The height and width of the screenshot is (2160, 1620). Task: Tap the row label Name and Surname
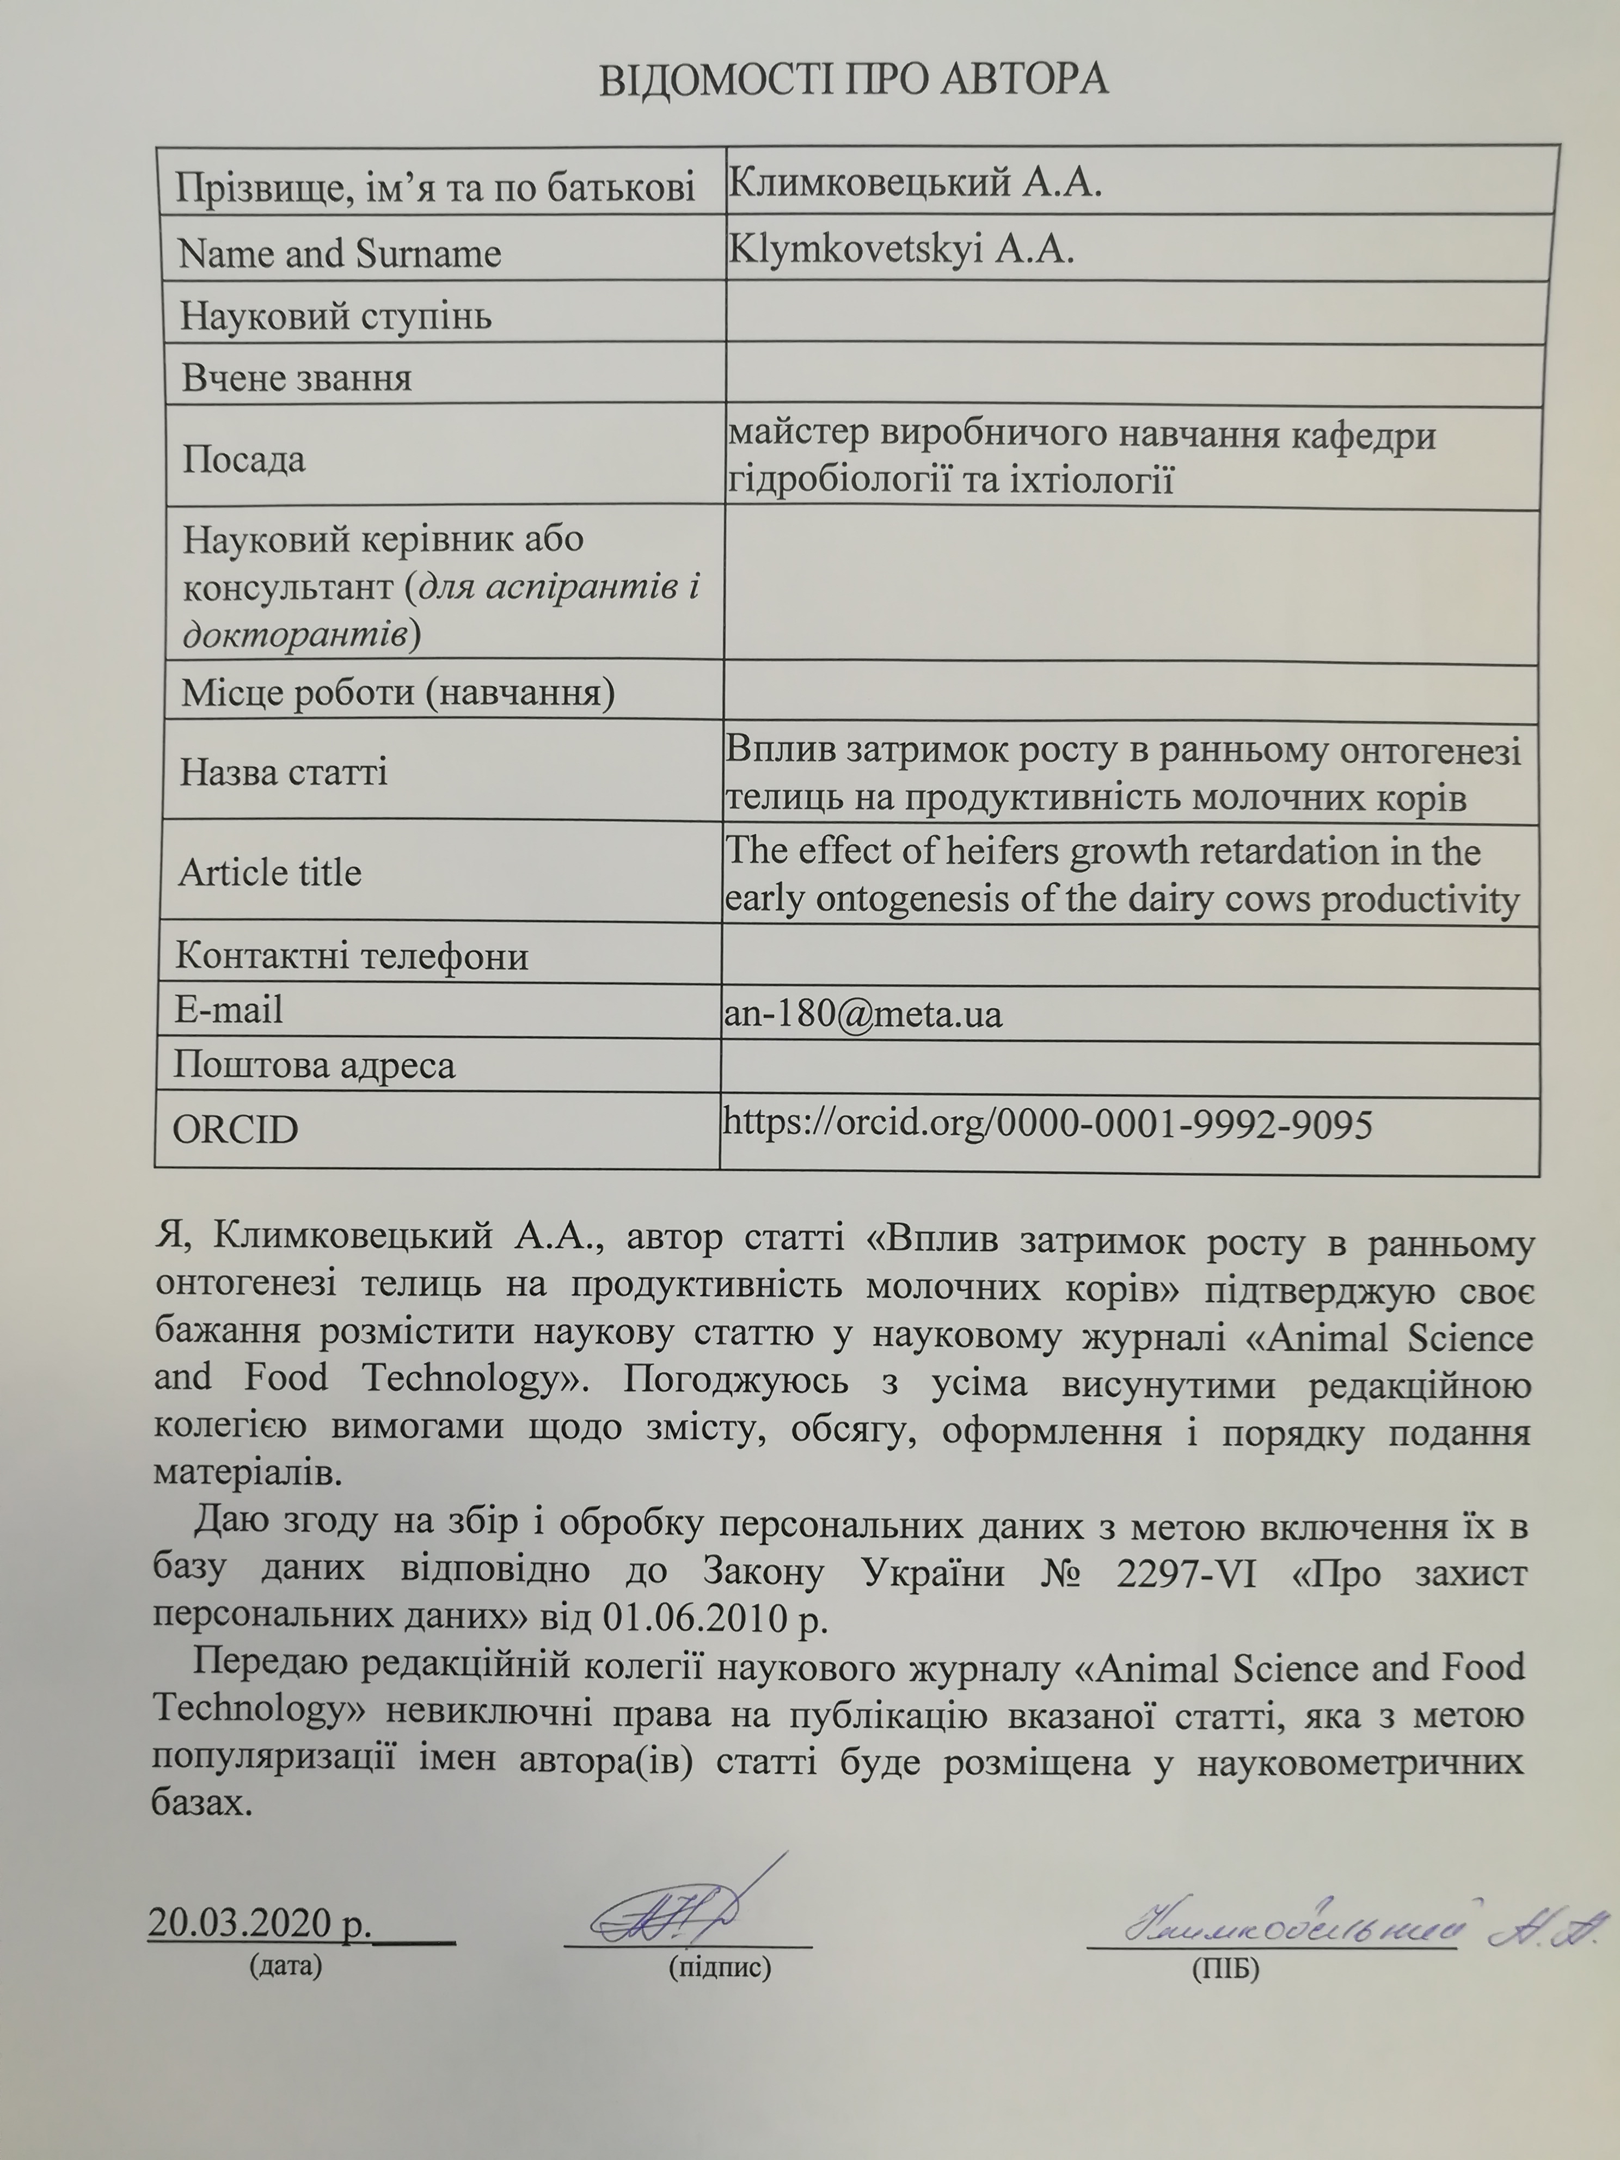(x=339, y=254)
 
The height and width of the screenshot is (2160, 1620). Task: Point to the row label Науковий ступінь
(x=336, y=315)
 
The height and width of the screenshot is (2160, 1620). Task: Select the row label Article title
(x=269, y=872)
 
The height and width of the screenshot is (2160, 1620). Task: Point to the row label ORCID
(x=235, y=1130)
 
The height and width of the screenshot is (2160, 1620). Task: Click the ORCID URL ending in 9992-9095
(x=1047, y=1124)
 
